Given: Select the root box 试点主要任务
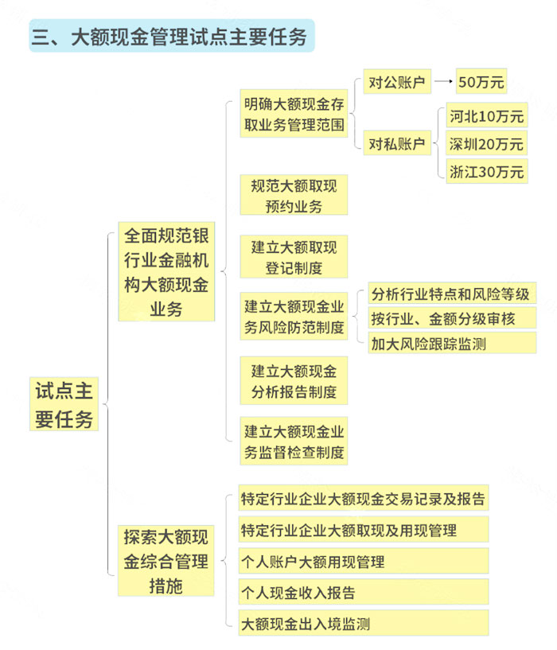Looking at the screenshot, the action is coord(64,403).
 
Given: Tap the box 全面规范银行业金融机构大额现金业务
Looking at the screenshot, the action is coord(166,271).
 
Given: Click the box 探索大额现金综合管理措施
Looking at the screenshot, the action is coord(166,561).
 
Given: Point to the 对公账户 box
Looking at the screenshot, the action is coord(397,82).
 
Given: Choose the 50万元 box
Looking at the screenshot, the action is coord(481,81).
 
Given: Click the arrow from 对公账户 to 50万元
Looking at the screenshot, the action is coord(443,81).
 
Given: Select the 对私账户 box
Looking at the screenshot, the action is coord(397,143).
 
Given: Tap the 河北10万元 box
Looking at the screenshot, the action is coord(486,115).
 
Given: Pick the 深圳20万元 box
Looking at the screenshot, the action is coord(486,143).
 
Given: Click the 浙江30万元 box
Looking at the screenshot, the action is coord(486,171).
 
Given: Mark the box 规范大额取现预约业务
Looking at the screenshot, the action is coord(294,195).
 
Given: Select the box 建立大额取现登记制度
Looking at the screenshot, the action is coord(294,257).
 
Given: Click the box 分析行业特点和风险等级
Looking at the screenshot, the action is coord(452,294).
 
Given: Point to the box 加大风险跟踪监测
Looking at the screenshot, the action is coord(452,343).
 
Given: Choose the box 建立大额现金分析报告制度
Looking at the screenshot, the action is coord(294,380).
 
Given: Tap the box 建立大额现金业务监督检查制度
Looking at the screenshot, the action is coord(294,441).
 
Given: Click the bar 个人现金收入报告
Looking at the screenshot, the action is coord(364,592).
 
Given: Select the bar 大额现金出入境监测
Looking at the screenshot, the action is coord(364,623).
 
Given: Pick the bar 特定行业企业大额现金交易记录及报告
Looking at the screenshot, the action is coord(364,498).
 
